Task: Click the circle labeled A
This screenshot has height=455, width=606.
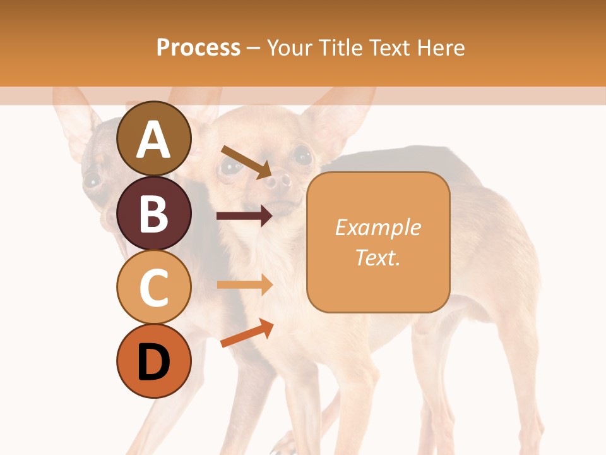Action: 153,138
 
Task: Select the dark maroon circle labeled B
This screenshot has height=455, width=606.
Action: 153,213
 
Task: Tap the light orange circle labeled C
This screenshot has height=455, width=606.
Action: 153,287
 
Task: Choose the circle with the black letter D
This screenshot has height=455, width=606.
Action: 153,361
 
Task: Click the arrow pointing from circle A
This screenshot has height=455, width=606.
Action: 246,162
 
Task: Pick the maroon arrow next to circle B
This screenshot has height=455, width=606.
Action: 244,215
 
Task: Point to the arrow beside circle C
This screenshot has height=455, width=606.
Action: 244,285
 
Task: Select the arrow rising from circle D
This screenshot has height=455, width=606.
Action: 247,333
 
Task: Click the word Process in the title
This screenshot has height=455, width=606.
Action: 198,47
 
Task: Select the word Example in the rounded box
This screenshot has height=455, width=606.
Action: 377,227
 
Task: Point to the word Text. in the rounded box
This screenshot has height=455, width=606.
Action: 377,257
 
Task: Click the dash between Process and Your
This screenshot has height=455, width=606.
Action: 253,49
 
